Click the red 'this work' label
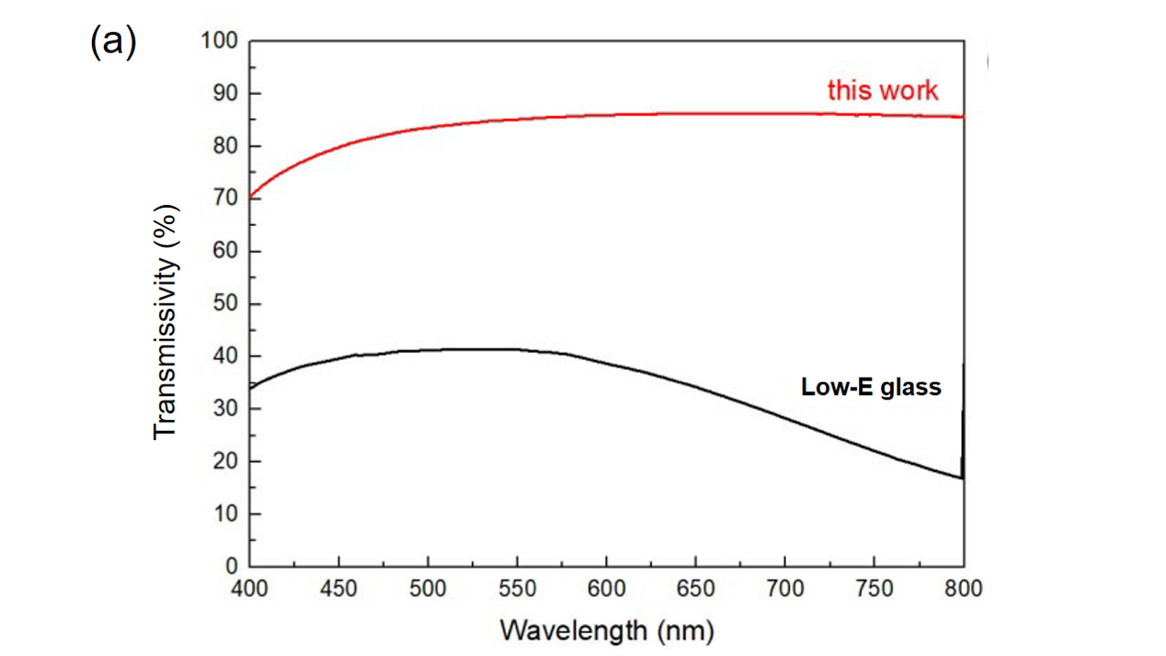(883, 90)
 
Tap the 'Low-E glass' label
(871, 387)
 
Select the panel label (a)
(113, 42)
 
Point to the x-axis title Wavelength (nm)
(607, 631)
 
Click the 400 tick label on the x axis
(251, 588)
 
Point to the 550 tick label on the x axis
(518, 588)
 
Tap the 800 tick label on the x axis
(963, 588)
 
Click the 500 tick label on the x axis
(429, 588)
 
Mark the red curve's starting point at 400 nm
(251, 198)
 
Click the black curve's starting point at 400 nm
(251, 387)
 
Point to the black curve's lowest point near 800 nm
(961, 478)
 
